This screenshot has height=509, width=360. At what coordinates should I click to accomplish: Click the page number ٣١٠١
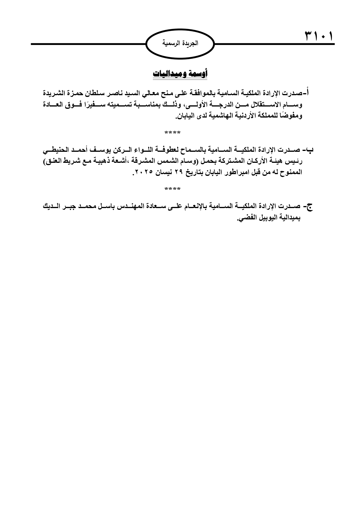click(x=318, y=37)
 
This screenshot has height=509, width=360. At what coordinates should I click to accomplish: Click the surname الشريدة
click(x=55, y=93)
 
